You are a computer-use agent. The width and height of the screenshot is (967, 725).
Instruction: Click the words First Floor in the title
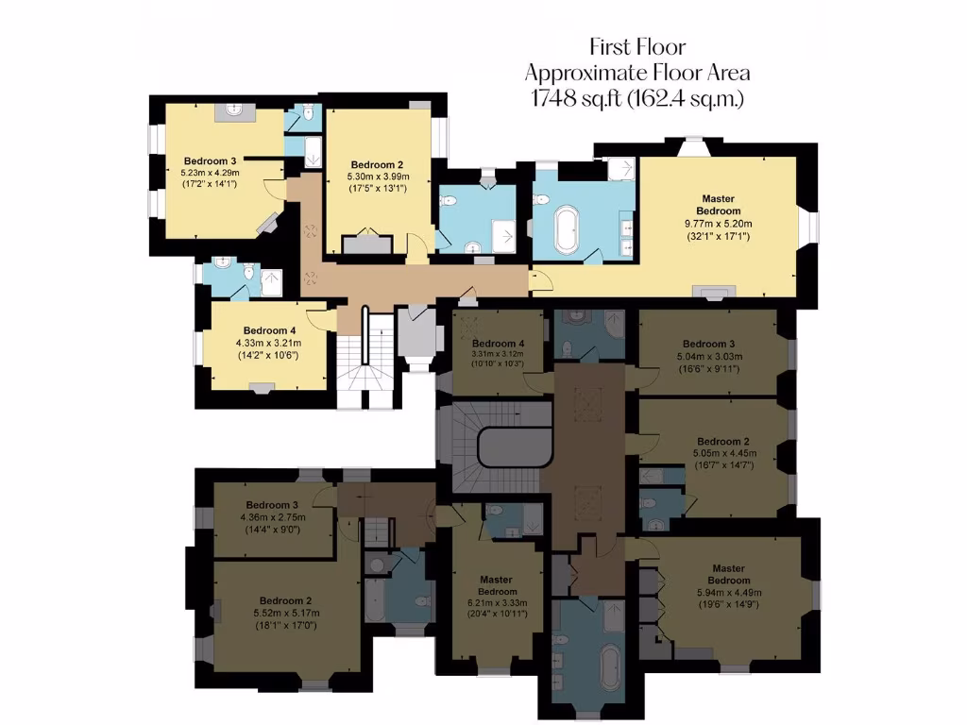pos(637,46)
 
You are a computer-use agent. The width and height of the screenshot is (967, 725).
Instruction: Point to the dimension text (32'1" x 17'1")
pos(718,236)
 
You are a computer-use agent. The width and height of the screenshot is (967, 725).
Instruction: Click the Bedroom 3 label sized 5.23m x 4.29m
pos(210,160)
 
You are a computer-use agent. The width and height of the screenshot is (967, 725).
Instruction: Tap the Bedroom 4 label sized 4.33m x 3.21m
pos(261,330)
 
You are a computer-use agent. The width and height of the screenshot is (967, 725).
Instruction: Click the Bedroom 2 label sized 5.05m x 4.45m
pos(722,441)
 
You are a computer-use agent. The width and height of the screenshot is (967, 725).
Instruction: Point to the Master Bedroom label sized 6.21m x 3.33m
pos(496,580)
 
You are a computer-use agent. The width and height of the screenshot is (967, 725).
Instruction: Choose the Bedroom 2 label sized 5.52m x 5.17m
pos(285,600)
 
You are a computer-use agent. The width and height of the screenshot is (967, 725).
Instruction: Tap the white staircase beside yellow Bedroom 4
pos(365,359)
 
